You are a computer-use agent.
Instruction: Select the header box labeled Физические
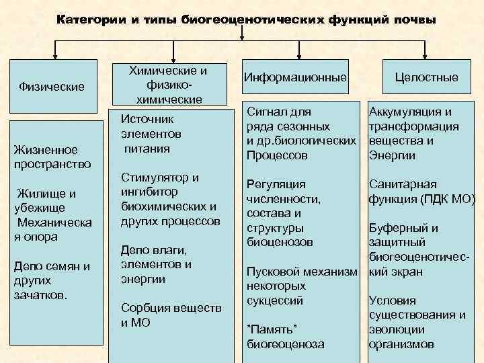[x=52, y=87]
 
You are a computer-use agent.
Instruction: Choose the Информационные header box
[x=296, y=78]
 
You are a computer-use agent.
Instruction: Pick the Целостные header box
[x=426, y=78]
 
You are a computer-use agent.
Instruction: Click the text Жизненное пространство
[x=44, y=157]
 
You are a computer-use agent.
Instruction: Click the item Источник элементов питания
[x=151, y=133]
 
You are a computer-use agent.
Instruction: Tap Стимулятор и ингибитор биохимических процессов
[x=168, y=199]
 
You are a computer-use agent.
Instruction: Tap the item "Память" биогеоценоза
[x=285, y=336]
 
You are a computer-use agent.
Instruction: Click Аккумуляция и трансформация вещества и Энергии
[x=413, y=133]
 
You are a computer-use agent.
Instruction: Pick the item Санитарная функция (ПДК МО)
[x=421, y=192]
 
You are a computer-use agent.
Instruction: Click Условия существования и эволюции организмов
[x=417, y=323]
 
